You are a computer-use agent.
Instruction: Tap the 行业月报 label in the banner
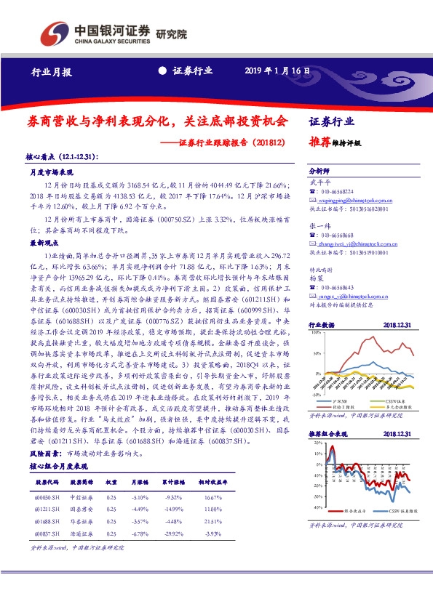[52, 72]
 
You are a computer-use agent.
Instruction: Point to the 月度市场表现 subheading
[52, 173]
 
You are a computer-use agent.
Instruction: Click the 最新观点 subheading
[42, 242]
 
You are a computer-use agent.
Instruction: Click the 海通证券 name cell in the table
[81, 534]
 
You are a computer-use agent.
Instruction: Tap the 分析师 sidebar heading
[321, 168]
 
